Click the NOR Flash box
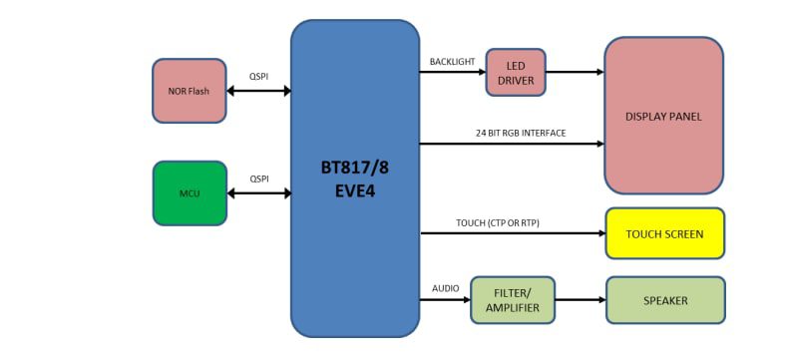(190, 91)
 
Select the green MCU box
(190, 192)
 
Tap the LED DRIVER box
(516, 72)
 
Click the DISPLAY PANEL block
(663, 116)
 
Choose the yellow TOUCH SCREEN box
(664, 234)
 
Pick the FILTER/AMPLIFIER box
(512, 300)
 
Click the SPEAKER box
(664, 300)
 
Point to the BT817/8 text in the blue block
(354, 167)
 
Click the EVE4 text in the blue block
(354, 190)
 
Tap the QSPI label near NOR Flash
(258, 76)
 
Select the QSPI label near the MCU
(258, 178)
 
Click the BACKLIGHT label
(452, 62)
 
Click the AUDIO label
(445, 288)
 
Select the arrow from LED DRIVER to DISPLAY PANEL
(575, 72)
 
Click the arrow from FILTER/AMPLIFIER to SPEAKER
(580, 300)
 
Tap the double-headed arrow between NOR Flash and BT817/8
(258, 91)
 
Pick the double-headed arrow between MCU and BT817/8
(258, 192)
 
